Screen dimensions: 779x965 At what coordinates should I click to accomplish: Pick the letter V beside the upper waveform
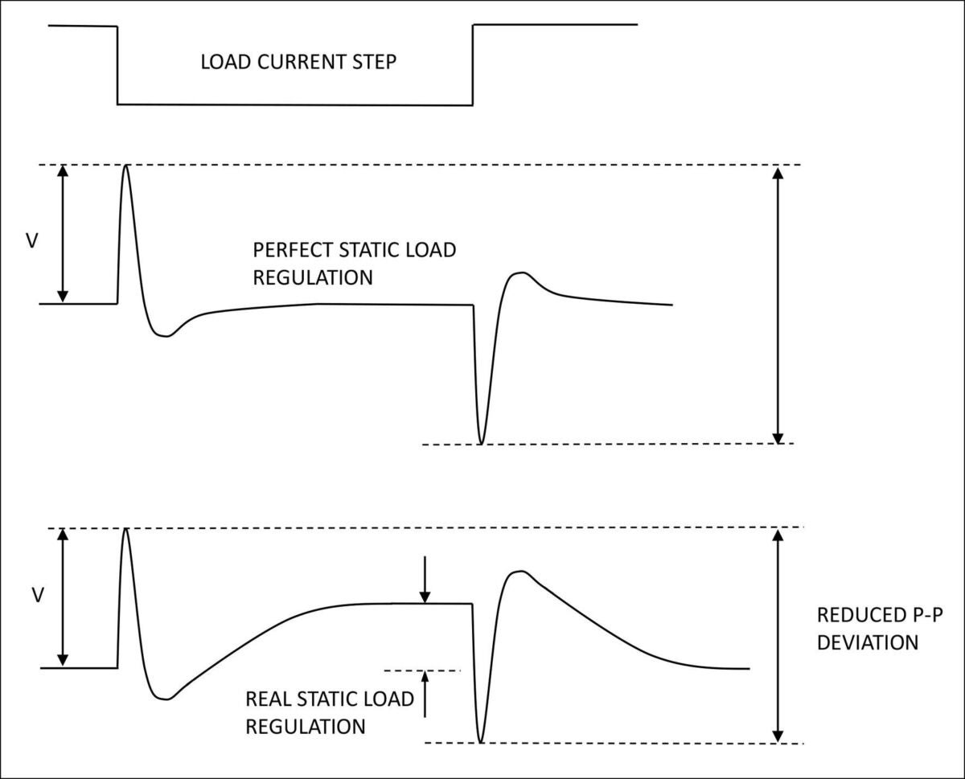32,240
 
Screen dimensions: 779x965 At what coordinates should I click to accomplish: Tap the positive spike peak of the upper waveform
125,166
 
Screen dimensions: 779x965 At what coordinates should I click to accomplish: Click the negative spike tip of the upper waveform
481,443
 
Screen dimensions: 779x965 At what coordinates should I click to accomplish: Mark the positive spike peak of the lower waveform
125,529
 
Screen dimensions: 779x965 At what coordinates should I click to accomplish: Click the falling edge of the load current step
117,64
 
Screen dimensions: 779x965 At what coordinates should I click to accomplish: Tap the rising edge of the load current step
473,64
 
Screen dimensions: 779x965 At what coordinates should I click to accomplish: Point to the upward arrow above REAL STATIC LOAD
425,693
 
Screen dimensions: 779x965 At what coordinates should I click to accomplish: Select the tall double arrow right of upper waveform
777,305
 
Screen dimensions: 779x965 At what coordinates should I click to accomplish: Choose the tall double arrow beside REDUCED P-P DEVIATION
777,635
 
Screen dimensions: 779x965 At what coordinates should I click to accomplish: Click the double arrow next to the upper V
64,234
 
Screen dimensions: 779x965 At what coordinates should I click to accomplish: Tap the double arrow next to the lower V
64,597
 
